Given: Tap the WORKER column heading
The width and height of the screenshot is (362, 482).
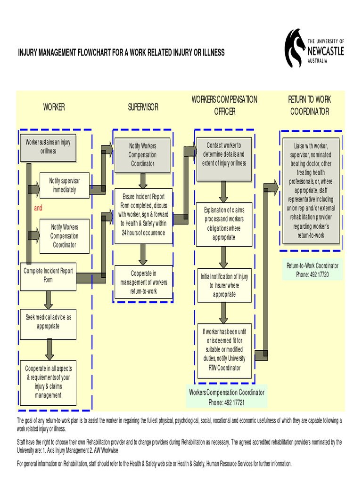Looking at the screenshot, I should tap(54, 107).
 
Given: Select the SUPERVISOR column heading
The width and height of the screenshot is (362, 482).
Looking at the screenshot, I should tap(143, 107).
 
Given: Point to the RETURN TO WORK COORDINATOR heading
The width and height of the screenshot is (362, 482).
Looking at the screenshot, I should tap(310, 105).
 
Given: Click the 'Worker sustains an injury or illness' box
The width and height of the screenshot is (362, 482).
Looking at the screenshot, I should tap(48, 147).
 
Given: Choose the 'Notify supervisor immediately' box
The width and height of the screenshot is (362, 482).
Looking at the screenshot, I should tap(65, 185).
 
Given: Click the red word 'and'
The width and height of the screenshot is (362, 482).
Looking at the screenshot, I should tap(38, 208).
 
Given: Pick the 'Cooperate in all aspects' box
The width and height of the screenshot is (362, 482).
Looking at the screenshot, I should tap(48, 382).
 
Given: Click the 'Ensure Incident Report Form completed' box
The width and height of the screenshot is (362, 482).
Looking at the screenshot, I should tap(143, 216).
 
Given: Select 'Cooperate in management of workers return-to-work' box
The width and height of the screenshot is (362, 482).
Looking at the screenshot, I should tap(143, 282).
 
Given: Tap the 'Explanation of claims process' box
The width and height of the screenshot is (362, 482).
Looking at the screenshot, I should tap(224, 224).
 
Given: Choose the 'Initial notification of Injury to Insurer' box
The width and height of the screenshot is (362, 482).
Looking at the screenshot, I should tap(224, 286).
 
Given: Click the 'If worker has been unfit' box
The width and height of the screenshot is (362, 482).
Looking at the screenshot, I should tap(224, 350).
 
